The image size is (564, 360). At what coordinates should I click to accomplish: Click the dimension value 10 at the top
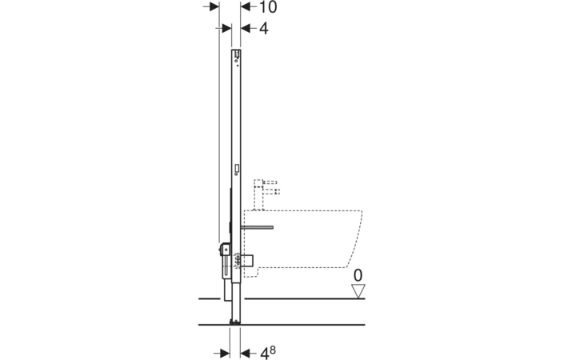point(268,7)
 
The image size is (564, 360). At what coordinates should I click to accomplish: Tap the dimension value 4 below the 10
point(264,29)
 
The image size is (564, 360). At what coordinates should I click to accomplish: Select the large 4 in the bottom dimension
point(264,353)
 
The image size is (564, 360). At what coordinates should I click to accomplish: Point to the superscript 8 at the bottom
point(273,350)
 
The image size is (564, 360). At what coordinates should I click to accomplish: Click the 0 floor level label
point(358,276)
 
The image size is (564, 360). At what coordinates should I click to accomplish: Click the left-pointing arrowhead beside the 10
point(246,7)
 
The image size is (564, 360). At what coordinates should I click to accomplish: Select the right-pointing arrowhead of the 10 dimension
point(214,7)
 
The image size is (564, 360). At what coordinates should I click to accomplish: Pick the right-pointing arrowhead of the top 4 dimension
point(226,29)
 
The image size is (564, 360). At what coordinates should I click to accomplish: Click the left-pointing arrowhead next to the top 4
point(246,29)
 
